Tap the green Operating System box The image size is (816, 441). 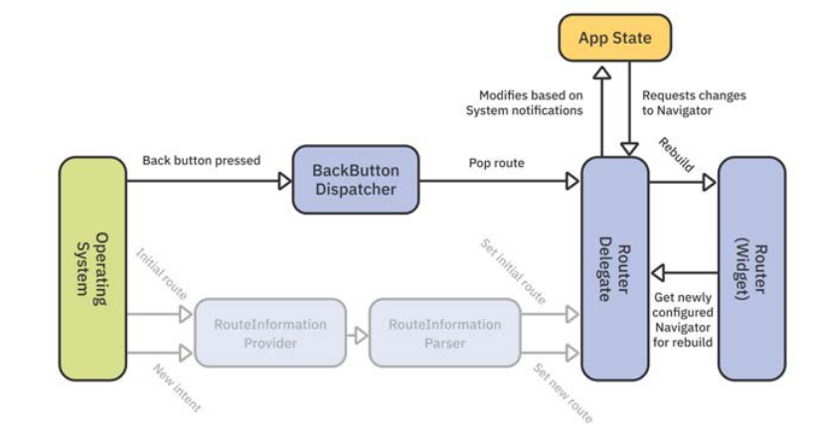[x=93, y=269]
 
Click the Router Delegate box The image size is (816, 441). [x=614, y=269]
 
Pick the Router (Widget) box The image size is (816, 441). [x=751, y=269]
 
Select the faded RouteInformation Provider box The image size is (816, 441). [x=269, y=333]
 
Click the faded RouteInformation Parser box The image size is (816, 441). [x=444, y=333]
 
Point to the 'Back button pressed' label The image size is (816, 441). [x=201, y=160]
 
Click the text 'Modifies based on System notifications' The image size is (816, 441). [x=524, y=102]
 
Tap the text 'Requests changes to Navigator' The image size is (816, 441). [x=693, y=102]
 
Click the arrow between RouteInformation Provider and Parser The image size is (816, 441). [x=358, y=333]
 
